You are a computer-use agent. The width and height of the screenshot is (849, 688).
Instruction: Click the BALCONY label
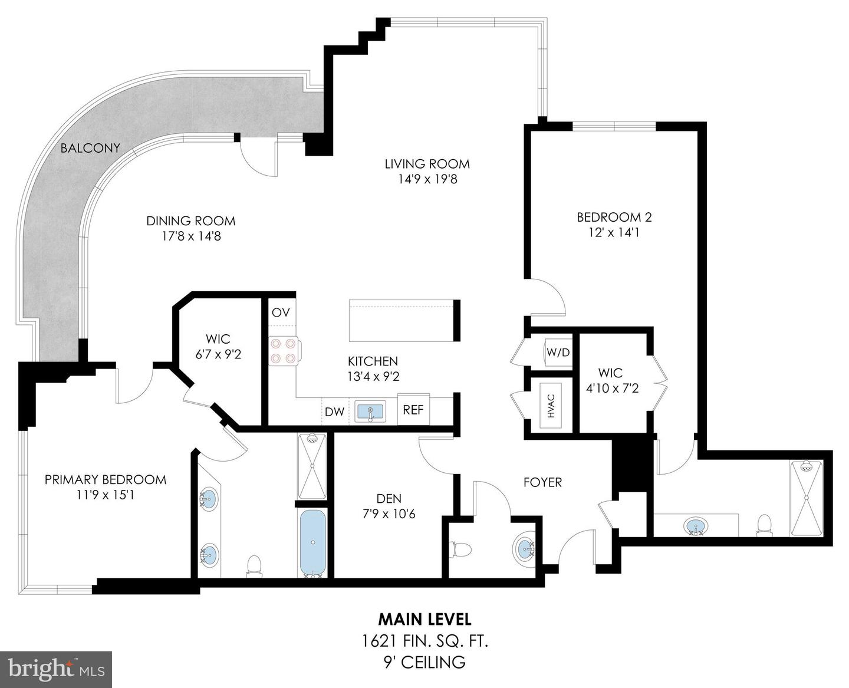coord(90,148)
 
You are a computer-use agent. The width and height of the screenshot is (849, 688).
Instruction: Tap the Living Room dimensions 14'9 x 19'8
coord(427,179)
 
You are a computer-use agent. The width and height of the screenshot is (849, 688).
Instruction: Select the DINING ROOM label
coord(190,221)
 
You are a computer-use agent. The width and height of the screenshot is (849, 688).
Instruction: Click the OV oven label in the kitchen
coord(281,312)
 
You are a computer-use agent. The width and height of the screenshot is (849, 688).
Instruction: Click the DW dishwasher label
coord(334,412)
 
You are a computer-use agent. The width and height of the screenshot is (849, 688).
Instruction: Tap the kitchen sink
coord(370,411)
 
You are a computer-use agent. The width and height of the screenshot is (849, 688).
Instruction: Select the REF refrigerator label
coord(413,410)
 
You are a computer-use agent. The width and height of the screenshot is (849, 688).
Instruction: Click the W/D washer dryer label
coord(558,353)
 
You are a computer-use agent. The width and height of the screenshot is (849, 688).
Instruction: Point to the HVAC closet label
coord(551,406)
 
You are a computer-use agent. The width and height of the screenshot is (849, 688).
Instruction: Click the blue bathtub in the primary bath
coord(312,542)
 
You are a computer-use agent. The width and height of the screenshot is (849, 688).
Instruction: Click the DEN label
coord(389,499)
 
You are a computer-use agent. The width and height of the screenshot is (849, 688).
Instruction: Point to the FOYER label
coord(542,482)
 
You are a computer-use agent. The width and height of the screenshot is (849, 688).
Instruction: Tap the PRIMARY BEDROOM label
coord(106,479)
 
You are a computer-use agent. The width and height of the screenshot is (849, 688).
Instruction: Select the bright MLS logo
coord(56,669)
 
